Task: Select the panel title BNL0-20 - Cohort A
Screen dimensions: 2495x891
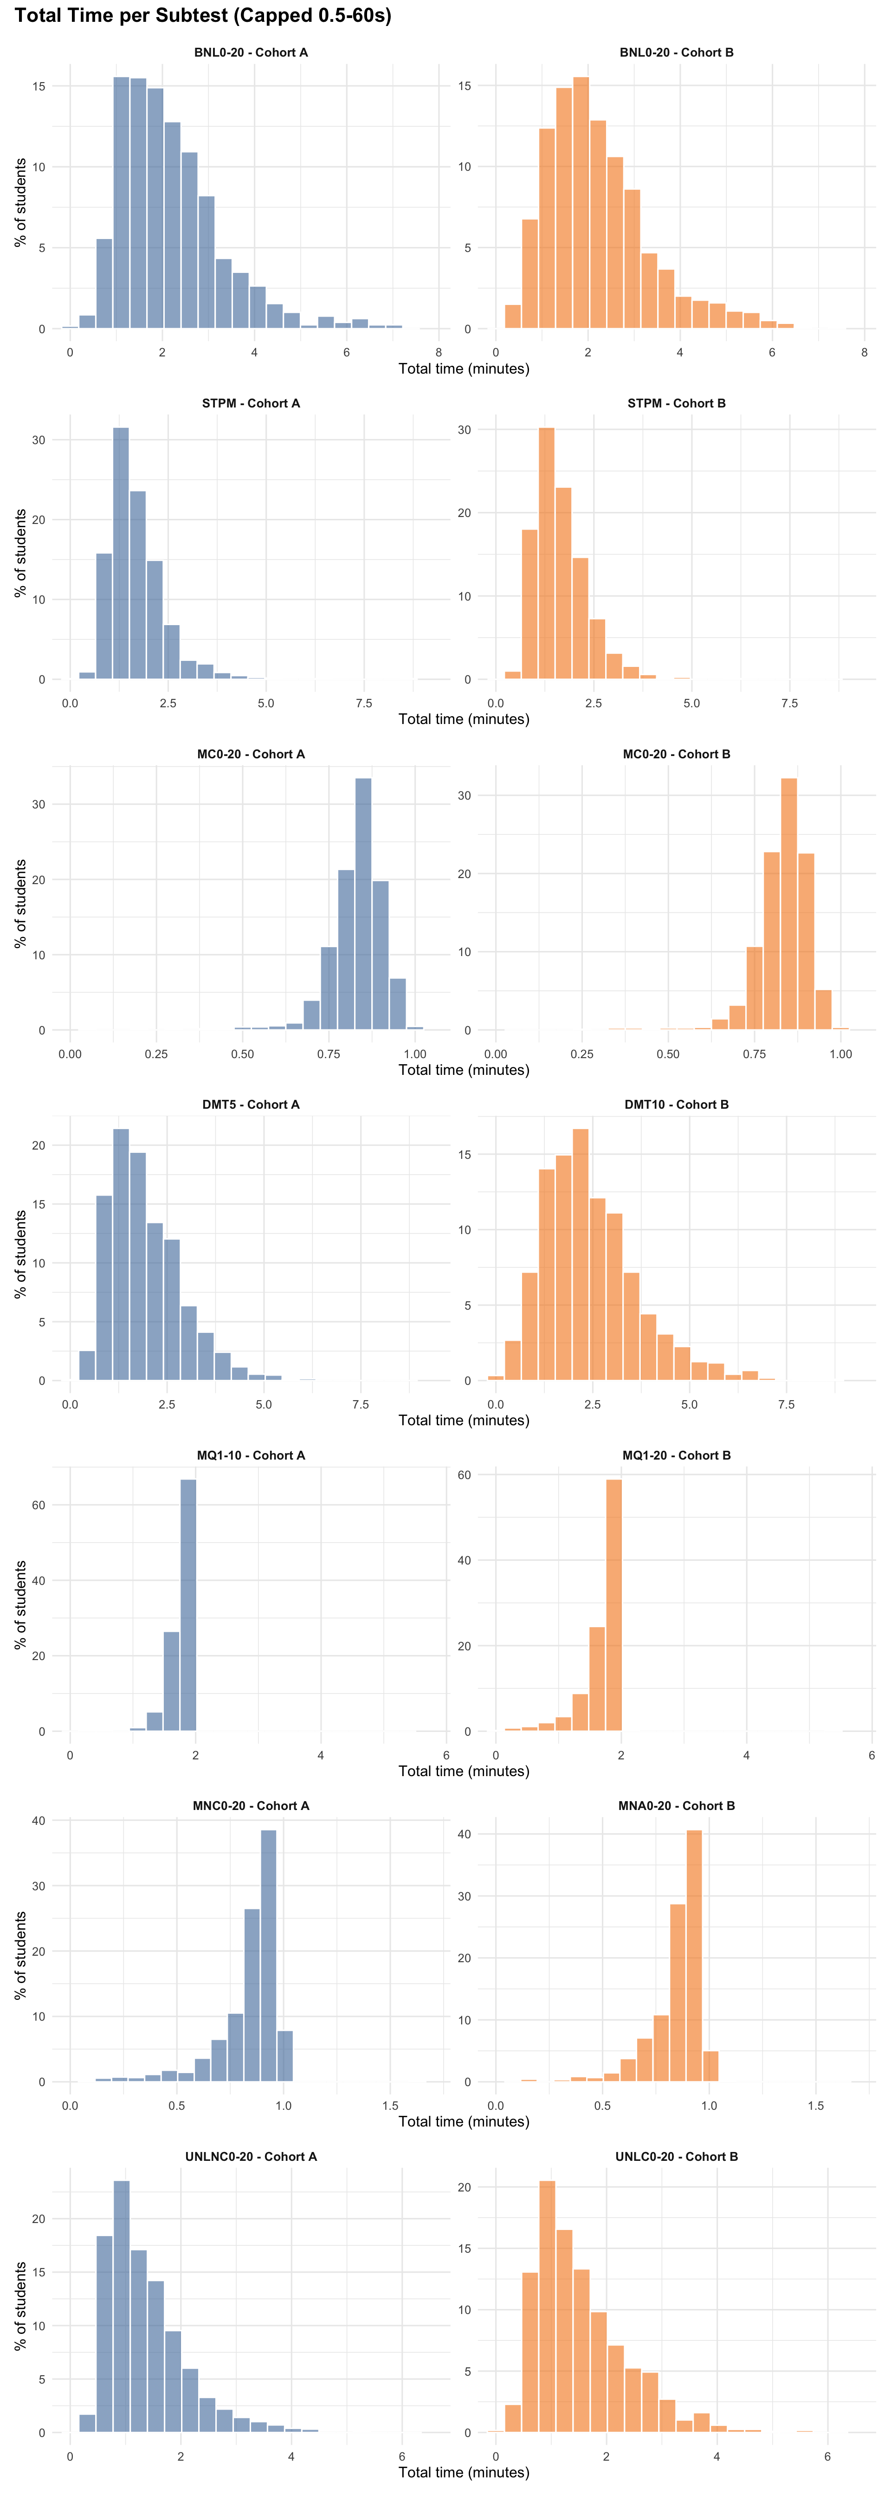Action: (251, 52)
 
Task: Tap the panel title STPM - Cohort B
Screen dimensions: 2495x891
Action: (676, 403)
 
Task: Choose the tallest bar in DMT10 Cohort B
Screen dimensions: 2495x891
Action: (580, 1254)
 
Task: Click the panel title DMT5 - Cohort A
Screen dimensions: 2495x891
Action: (251, 1104)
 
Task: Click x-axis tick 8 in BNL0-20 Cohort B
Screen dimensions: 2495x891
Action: (864, 353)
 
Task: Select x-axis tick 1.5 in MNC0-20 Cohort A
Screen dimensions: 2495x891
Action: (390, 2106)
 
